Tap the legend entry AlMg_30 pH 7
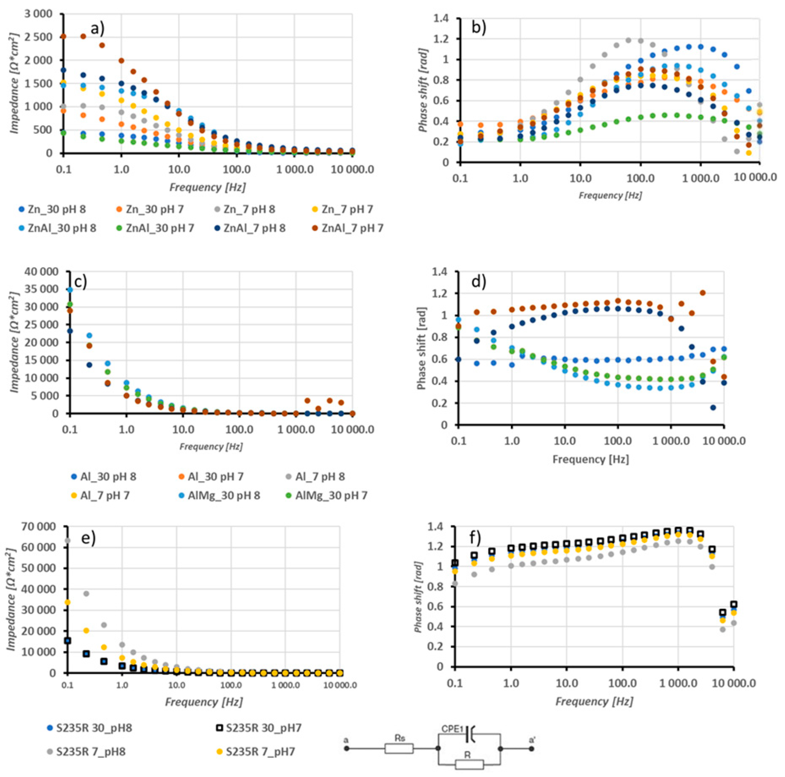pyautogui.click(x=331, y=495)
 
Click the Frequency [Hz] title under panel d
pyautogui.click(x=590, y=459)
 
